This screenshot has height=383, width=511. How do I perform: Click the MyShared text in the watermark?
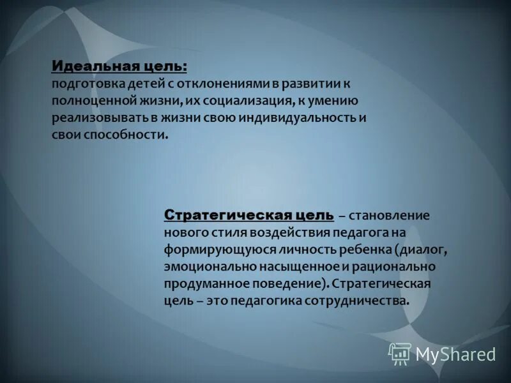point(455,354)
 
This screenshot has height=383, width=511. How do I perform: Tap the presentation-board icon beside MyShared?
point(400,354)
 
